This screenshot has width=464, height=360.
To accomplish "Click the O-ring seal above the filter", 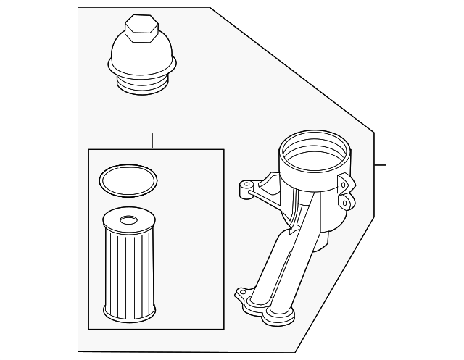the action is (128, 180).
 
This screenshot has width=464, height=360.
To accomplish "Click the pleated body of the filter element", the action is (128, 268).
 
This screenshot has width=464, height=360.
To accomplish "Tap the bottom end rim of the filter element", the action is (128, 313).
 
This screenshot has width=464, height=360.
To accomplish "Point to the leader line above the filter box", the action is (152, 141).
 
